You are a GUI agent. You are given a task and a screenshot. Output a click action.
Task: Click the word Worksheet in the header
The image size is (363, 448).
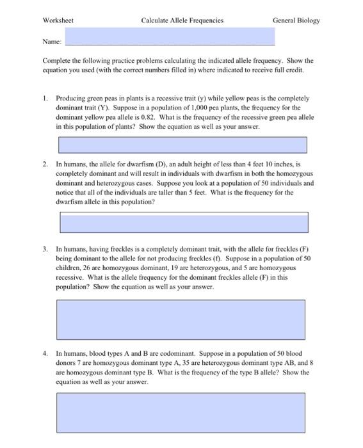click(58, 20)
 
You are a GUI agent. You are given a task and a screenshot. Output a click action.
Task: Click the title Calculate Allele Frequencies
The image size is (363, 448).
click(182, 20)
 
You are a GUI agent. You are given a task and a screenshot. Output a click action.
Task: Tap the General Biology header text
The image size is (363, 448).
click(296, 20)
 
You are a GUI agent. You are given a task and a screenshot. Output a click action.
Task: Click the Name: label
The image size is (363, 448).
click(52, 41)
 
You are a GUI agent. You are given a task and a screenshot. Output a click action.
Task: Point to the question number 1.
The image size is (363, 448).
click(45, 99)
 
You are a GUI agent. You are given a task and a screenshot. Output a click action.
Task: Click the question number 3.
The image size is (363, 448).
click(45, 247)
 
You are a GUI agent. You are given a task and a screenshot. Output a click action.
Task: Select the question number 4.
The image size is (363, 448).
click(45, 353)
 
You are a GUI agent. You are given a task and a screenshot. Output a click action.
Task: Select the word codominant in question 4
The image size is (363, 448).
click(193, 353)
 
